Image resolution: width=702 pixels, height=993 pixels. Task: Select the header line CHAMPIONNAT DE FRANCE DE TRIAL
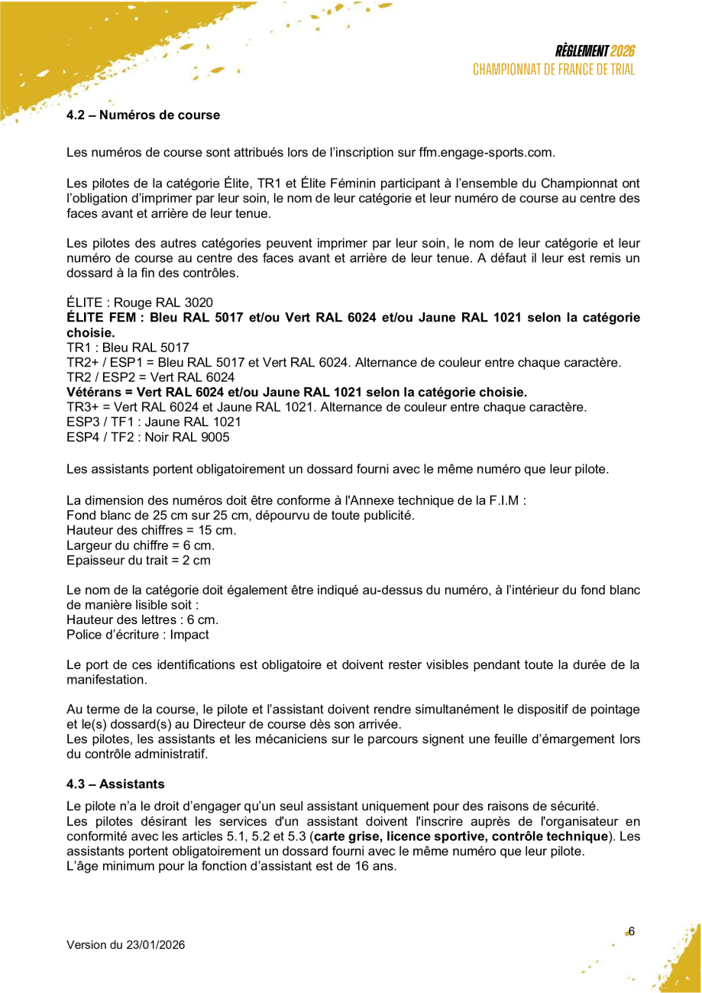[554, 70]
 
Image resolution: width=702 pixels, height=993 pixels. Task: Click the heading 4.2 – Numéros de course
[143, 115]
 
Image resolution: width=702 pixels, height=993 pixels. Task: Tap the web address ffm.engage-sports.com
[486, 152]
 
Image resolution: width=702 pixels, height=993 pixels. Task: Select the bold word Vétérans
[92, 393]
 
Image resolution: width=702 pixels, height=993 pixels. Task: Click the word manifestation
[106, 679]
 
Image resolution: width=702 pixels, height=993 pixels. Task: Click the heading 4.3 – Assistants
[115, 784]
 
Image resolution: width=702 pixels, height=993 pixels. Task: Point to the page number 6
[632, 931]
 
